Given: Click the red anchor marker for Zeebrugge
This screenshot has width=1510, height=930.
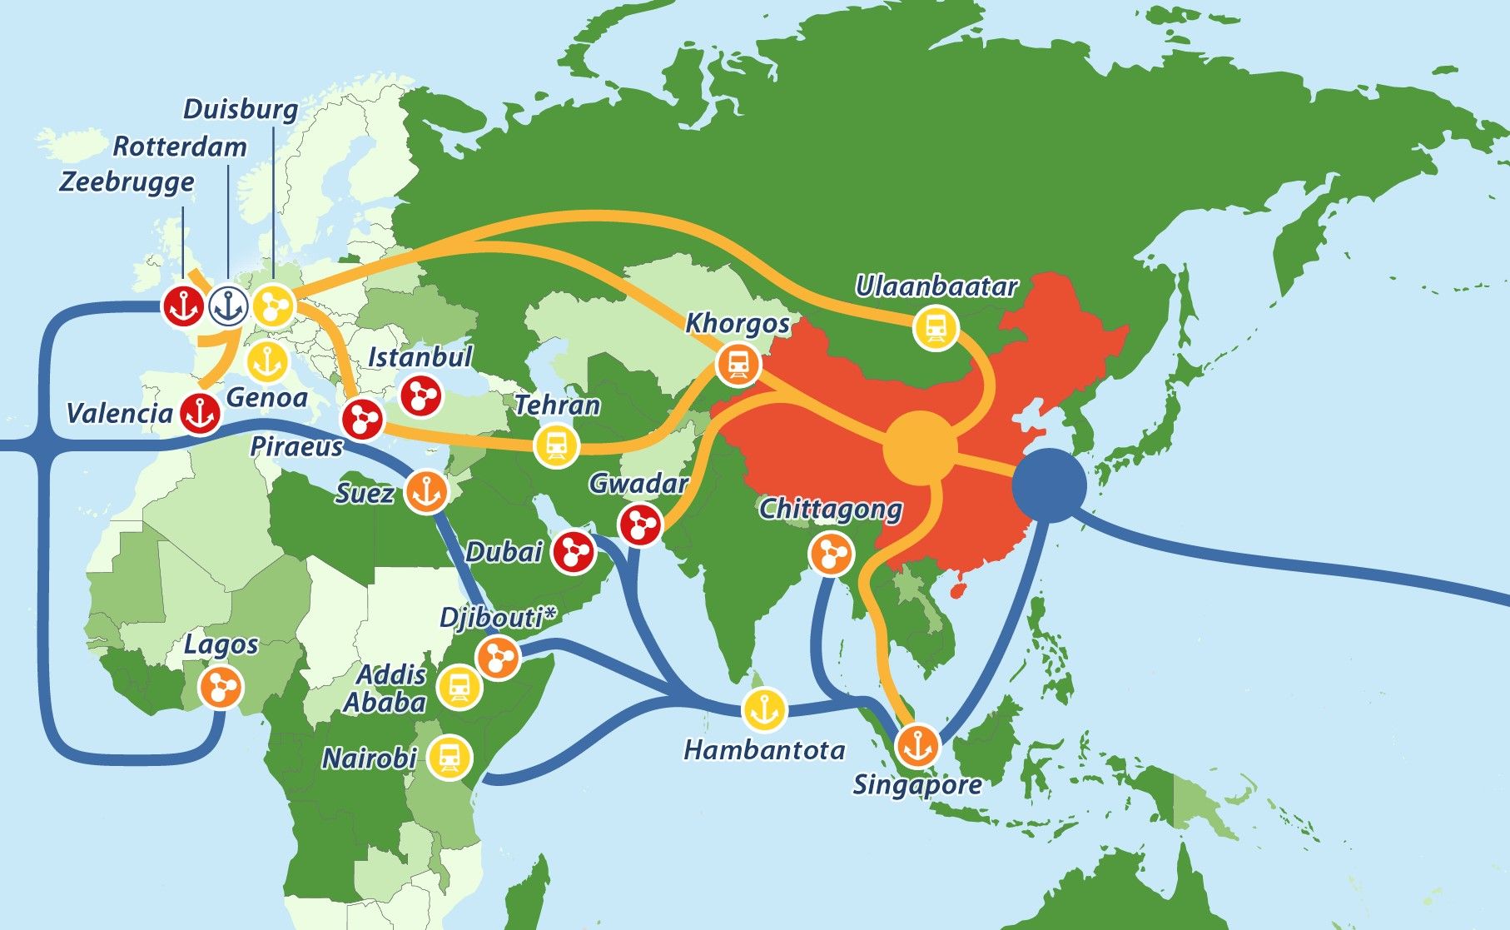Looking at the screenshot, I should click(182, 306).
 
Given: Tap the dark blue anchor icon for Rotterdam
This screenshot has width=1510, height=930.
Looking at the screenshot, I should click(229, 306).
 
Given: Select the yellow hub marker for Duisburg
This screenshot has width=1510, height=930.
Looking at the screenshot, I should click(273, 306).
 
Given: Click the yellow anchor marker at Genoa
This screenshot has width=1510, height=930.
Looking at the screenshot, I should click(268, 362).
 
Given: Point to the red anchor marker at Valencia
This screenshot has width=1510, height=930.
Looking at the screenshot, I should click(201, 412).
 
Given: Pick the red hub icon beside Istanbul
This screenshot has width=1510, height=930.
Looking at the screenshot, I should click(420, 395).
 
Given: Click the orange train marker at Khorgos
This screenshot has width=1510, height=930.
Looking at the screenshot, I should click(738, 365).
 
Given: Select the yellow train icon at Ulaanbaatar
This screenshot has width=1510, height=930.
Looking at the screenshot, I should click(936, 328).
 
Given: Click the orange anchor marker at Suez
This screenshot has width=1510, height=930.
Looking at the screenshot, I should click(426, 492).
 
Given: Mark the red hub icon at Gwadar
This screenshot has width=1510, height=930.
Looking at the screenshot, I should click(640, 525).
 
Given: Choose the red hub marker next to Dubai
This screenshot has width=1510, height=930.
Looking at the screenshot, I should click(574, 552).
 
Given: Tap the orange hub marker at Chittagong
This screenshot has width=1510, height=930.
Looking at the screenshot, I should click(832, 555).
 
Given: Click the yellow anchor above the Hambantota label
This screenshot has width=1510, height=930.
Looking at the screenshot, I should click(763, 710).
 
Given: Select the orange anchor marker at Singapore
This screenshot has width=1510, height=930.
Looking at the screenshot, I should click(916, 746).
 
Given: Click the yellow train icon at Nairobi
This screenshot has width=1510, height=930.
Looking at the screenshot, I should click(450, 758).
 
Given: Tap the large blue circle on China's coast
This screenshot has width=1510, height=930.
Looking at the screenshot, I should click(1050, 485).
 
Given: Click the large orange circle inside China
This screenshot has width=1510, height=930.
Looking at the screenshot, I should click(920, 448).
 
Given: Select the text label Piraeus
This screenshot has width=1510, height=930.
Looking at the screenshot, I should click(297, 447).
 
